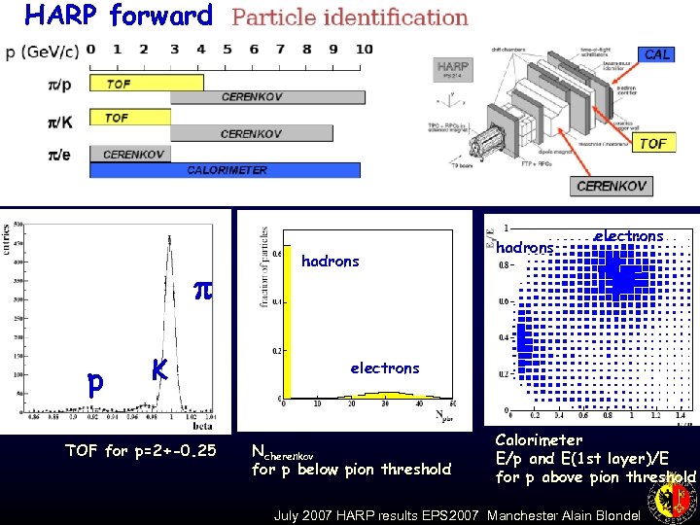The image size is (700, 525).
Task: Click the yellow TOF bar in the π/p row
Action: tap(146, 84)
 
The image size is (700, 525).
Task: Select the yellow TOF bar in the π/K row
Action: tap(130, 118)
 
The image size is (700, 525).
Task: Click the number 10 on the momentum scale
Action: tap(364, 49)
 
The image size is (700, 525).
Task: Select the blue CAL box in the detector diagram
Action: tap(657, 54)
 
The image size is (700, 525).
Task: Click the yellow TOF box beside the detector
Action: tap(652, 143)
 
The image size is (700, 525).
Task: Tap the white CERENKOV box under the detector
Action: tap(612, 186)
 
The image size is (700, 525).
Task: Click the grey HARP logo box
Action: tap(453, 68)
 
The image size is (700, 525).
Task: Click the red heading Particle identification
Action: tap(350, 17)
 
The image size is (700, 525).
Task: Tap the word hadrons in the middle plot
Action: tap(331, 261)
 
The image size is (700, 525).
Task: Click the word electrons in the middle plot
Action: tap(384, 367)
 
